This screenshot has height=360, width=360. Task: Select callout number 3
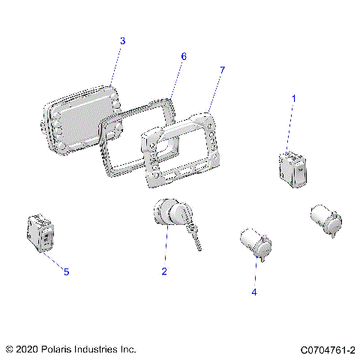click(122, 40)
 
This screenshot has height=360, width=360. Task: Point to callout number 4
click(254, 292)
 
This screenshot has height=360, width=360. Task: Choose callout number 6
click(183, 56)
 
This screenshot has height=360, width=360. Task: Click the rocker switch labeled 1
click(290, 169)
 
